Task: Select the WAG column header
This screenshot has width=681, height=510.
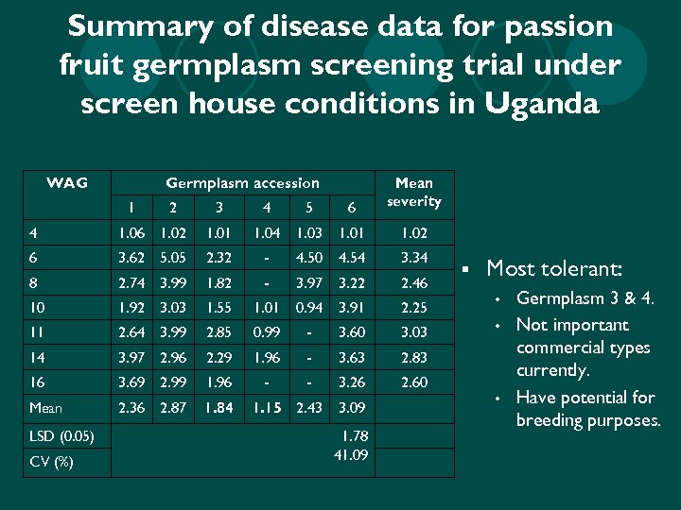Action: (x=67, y=182)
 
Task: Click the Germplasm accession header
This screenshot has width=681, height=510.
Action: (x=242, y=182)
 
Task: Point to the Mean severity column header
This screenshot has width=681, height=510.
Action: (x=413, y=192)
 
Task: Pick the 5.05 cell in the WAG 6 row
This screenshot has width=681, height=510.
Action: (x=172, y=257)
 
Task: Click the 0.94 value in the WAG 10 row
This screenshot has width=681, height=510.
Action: (x=308, y=307)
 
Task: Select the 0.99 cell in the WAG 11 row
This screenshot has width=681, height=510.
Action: (x=266, y=332)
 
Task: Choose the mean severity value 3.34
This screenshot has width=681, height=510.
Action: (x=413, y=257)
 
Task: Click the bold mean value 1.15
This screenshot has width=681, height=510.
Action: (x=266, y=407)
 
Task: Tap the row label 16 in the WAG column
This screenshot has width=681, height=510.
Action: (x=35, y=382)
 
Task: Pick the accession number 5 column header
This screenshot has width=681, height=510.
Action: (x=308, y=208)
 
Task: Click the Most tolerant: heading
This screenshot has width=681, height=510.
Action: (x=553, y=269)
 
